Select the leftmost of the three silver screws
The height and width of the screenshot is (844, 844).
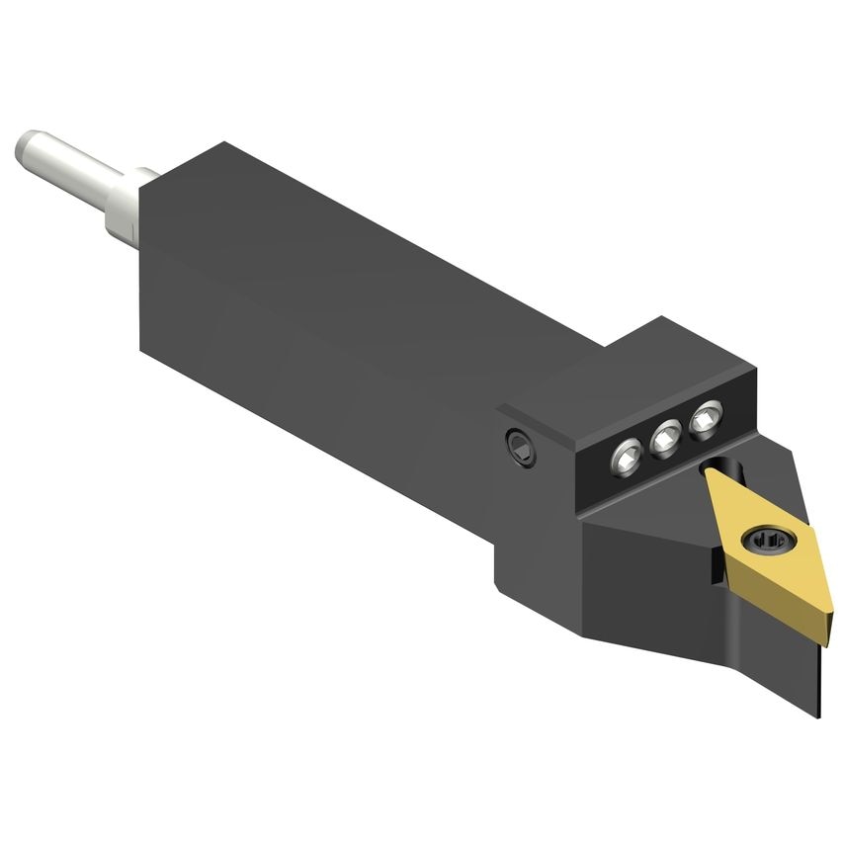(x=627, y=457)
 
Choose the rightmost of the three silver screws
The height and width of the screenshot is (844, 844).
(x=705, y=420)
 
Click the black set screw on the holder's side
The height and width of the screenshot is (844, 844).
(x=519, y=448)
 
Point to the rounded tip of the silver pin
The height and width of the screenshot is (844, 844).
(x=24, y=147)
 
